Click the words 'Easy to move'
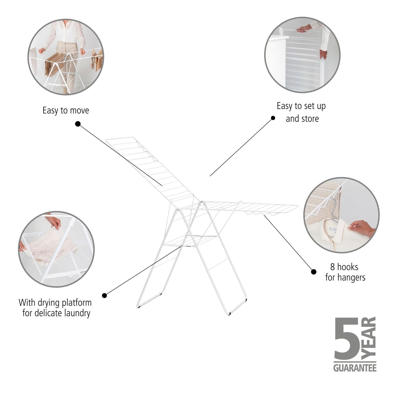coord(66,110)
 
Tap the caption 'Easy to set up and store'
coord(301,112)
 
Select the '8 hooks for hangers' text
coord(345,272)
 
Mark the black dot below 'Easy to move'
coord(78,124)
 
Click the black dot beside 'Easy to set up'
coord(273,118)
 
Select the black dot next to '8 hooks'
coord(314,272)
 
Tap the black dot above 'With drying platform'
coord(104,295)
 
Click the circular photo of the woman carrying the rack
coord(66,57)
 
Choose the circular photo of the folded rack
coord(302,55)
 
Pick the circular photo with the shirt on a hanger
coord(341,215)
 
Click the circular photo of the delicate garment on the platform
coord(56,249)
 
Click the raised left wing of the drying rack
coord(150,169)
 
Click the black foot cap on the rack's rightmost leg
coord(246,300)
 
